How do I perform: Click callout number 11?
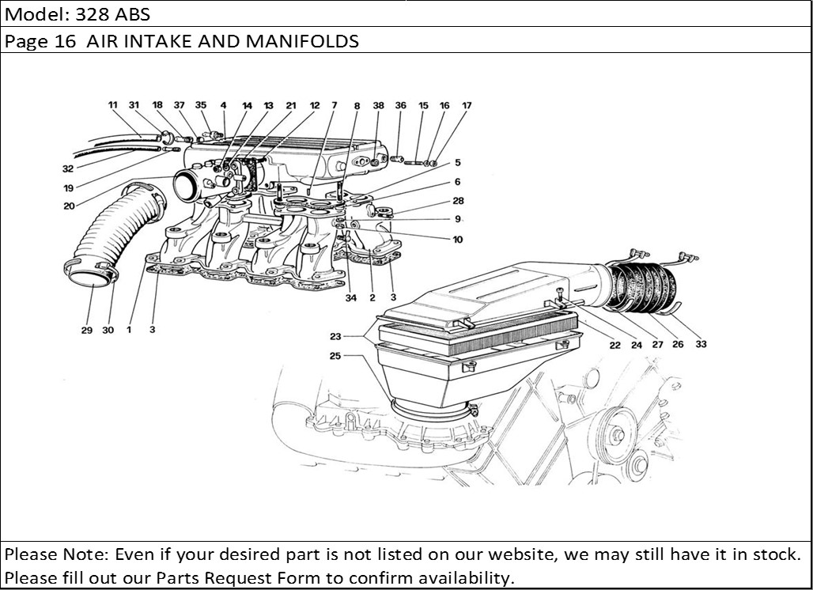112,105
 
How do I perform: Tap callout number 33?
701,344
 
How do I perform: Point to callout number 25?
335,356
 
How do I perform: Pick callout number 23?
335,336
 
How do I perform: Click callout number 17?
467,105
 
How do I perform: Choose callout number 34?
350,298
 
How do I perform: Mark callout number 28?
459,202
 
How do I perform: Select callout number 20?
69,206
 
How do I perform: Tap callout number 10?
458,240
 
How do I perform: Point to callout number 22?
614,344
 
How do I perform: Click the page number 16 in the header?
65,42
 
